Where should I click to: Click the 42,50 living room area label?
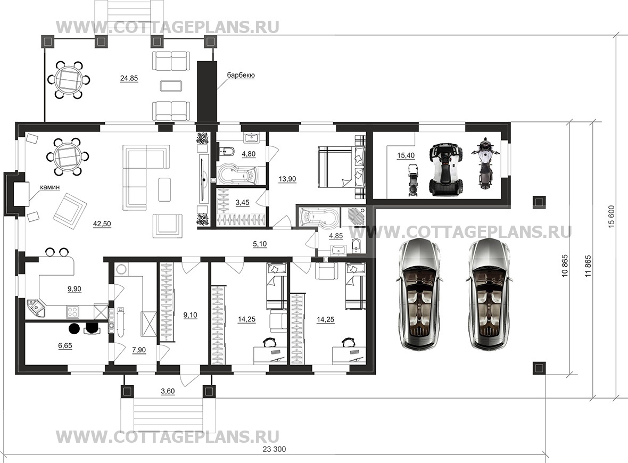(x=102, y=224)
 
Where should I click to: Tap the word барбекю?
(x=241, y=75)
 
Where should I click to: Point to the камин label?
(x=49, y=187)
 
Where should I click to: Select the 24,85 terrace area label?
(x=129, y=79)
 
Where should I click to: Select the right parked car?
(x=489, y=294)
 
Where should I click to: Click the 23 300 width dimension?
(x=274, y=449)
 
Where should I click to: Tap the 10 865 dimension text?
(x=565, y=266)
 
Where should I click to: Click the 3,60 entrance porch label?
(x=168, y=391)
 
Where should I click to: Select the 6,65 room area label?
(x=65, y=345)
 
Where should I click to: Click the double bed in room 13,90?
(x=342, y=167)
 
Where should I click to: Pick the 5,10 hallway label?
(x=260, y=244)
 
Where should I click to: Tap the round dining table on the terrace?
(x=68, y=79)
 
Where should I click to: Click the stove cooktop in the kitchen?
(x=73, y=311)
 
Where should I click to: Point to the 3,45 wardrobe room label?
(x=242, y=203)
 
